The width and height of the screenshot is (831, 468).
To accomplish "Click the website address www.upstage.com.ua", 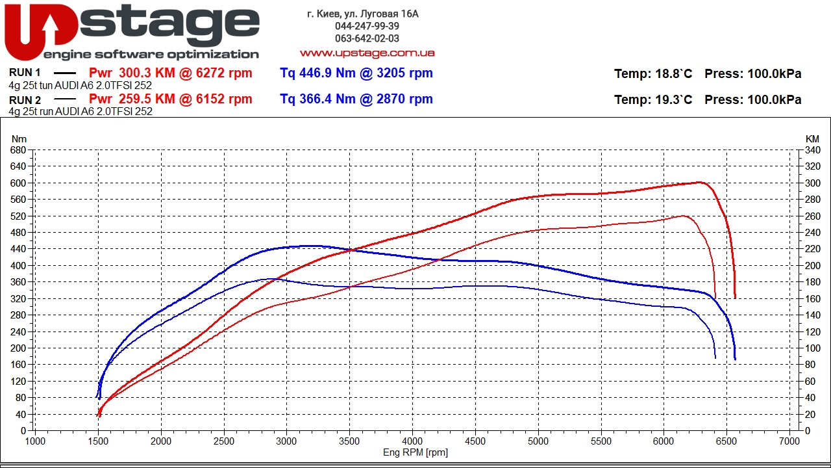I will click(367, 53).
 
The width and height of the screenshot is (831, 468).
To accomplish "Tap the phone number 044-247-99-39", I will click(367, 26).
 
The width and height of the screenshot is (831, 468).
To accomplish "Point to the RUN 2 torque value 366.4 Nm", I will click(317, 99).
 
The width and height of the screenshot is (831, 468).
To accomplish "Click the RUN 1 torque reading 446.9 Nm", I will click(317, 73).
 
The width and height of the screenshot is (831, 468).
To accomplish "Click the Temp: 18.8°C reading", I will click(653, 74).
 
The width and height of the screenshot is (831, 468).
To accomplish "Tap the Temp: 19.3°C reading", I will click(653, 99).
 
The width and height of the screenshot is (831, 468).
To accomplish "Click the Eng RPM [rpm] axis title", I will click(415, 452).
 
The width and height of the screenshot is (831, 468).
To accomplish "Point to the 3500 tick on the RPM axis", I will click(349, 441).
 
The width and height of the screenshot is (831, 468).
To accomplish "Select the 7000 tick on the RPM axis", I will click(789, 441).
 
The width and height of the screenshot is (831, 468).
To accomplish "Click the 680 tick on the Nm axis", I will click(18, 149).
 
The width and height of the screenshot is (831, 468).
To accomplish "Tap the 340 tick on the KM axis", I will click(812, 149).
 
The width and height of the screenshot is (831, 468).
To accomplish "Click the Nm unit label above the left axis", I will click(19, 138).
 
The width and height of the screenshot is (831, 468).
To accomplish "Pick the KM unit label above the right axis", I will click(812, 138).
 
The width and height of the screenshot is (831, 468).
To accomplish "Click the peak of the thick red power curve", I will click(700, 182).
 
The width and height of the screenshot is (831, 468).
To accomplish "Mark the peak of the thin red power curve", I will click(684, 216).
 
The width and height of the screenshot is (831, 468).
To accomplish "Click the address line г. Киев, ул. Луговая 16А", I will click(363, 14).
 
